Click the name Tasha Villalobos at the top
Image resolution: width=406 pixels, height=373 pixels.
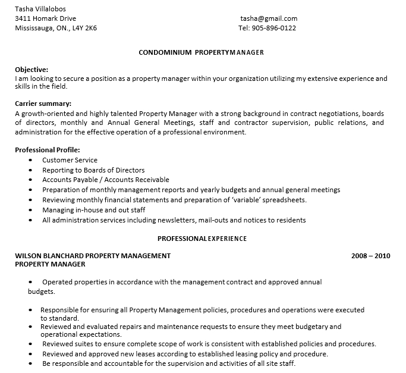tap(40, 9)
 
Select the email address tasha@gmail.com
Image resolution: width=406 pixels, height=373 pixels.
tap(269, 18)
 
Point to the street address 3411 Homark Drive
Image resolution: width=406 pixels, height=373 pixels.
tap(45, 18)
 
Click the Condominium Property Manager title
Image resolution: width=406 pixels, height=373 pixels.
tap(201, 52)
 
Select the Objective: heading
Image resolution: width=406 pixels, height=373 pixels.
tap(32, 69)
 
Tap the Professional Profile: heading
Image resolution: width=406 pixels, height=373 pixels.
tap(47, 150)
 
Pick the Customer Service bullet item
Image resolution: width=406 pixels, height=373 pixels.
tap(70, 160)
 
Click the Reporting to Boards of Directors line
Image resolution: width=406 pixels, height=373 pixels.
tap(93, 170)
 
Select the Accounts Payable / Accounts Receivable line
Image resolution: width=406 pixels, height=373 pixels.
tap(106, 180)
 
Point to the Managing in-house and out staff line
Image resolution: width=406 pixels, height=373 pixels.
tap(93, 210)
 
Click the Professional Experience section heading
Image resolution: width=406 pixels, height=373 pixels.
tap(202, 239)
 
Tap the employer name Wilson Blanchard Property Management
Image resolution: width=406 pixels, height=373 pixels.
tap(93, 256)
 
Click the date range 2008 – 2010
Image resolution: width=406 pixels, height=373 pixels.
tap(370, 256)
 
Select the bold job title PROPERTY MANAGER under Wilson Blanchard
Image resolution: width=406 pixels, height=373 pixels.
tap(50, 264)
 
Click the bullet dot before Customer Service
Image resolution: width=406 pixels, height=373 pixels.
tap(30, 161)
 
